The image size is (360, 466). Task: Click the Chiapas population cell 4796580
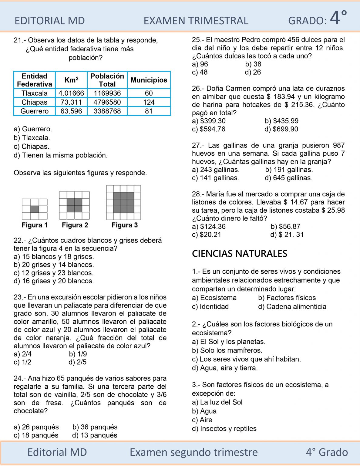pyautogui.click(x=107, y=102)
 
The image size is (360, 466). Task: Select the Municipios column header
pyautogui.click(x=149, y=80)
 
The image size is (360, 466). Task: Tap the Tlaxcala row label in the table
pyautogui.click(x=35, y=93)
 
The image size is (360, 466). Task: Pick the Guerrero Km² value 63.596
pyautogui.click(x=71, y=111)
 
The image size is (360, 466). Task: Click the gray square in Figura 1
pyautogui.click(x=35, y=209)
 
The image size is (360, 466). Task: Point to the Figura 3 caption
pyautogui.click(x=125, y=225)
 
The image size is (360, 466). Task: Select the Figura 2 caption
pyautogui.click(x=75, y=225)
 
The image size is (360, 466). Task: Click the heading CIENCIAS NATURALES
pyautogui.click(x=240, y=254)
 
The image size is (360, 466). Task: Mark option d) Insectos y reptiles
pyautogui.click(x=224, y=429)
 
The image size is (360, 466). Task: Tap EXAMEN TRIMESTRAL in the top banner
pyautogui.click(x=196, y=21)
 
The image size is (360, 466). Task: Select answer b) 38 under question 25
pyautogui.click(x=253, y=64)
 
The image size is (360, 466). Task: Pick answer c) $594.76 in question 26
pyautogui.click(x=209, y=129)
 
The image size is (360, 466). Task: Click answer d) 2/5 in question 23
pyautogui.click(x=78, y=362)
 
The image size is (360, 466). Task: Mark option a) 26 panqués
pyautogui.click(x=36, y=427)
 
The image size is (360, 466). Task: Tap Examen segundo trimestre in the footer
pyautogui.click(x=193, y=452)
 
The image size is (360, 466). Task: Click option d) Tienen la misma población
pyautogui.click(x=61, y=155)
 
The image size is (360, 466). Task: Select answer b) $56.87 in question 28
pyautogui.click(x=285, y=227)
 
